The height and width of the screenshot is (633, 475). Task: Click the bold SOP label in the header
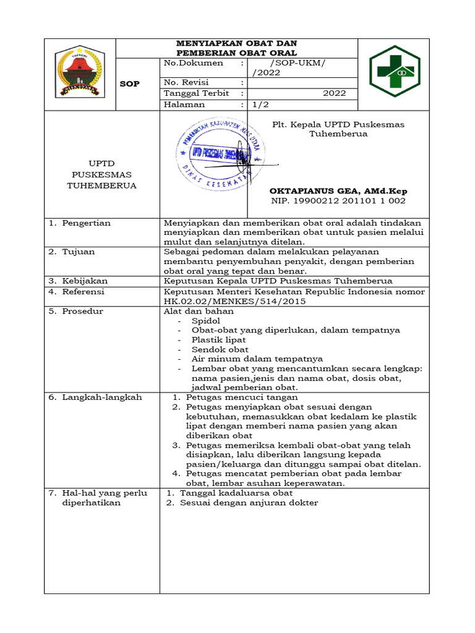(x=129, y=84)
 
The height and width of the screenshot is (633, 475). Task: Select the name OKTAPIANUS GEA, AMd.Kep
(x=338, y=191)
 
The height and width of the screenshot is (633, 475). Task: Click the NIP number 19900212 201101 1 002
(x=338, y=201)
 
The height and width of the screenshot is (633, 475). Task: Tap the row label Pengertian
(x=86, y=223)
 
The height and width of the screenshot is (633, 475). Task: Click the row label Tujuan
(x=78, y=252)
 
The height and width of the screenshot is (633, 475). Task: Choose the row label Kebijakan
(x=85, y=281)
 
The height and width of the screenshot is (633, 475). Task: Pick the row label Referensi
(x=83, y=291)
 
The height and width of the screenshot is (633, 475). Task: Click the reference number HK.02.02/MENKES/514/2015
(x=234, y=302)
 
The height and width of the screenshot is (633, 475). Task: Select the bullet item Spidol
(x=205, y=321)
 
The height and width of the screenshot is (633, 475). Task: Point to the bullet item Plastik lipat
(x=218, y=340)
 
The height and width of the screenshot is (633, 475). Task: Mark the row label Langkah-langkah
(x=101, y=397)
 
